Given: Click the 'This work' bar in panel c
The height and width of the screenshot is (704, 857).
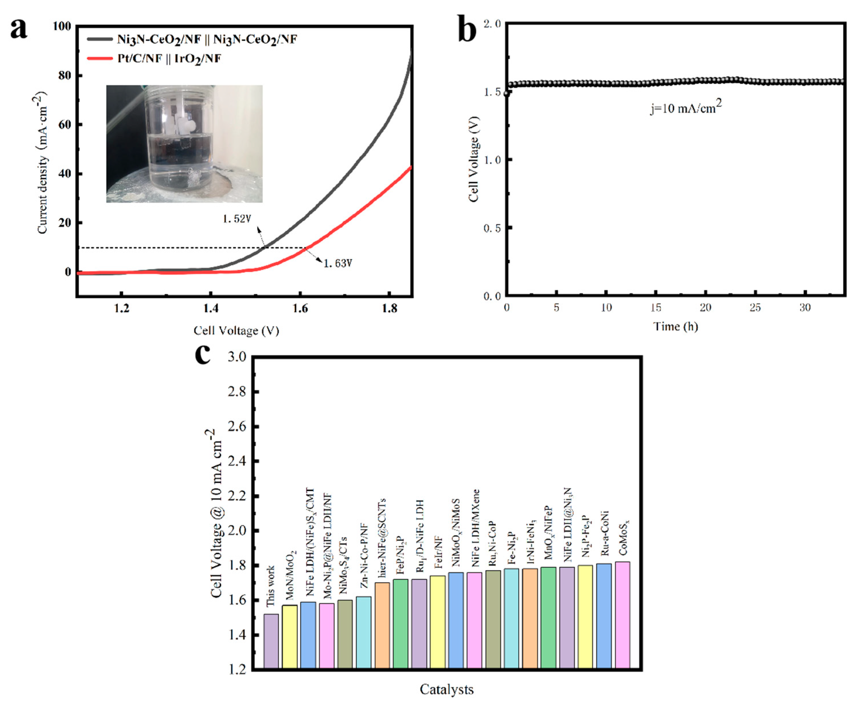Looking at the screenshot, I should pyautogui.click(x=271, y=641).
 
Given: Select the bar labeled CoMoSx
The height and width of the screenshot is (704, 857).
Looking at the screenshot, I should pyautogui.click(x=622, y=616).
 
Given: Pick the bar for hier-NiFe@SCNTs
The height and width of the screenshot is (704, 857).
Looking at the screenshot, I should pyautogui.click(x=382, y=626).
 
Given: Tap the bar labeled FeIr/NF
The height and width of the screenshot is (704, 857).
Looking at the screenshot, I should pyautogui.click(x=437, y=623).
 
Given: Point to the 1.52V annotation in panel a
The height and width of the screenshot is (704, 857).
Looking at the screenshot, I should pyautogui.click(x=237, y=219).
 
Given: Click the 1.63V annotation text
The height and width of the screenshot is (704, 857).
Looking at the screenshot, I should pyautogui.click(x=338, y=264).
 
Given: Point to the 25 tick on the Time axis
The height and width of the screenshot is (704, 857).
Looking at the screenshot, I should pyautogui.click(x=755, y=308).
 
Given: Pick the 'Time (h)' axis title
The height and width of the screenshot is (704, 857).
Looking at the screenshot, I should pyautogui.click(x=675, y=326).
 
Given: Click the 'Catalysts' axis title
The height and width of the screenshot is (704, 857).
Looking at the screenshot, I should pyautogui.click(x=446, y=689).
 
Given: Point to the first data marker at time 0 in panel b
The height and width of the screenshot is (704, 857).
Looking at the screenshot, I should pyautogui.click(x=507, y=93).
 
